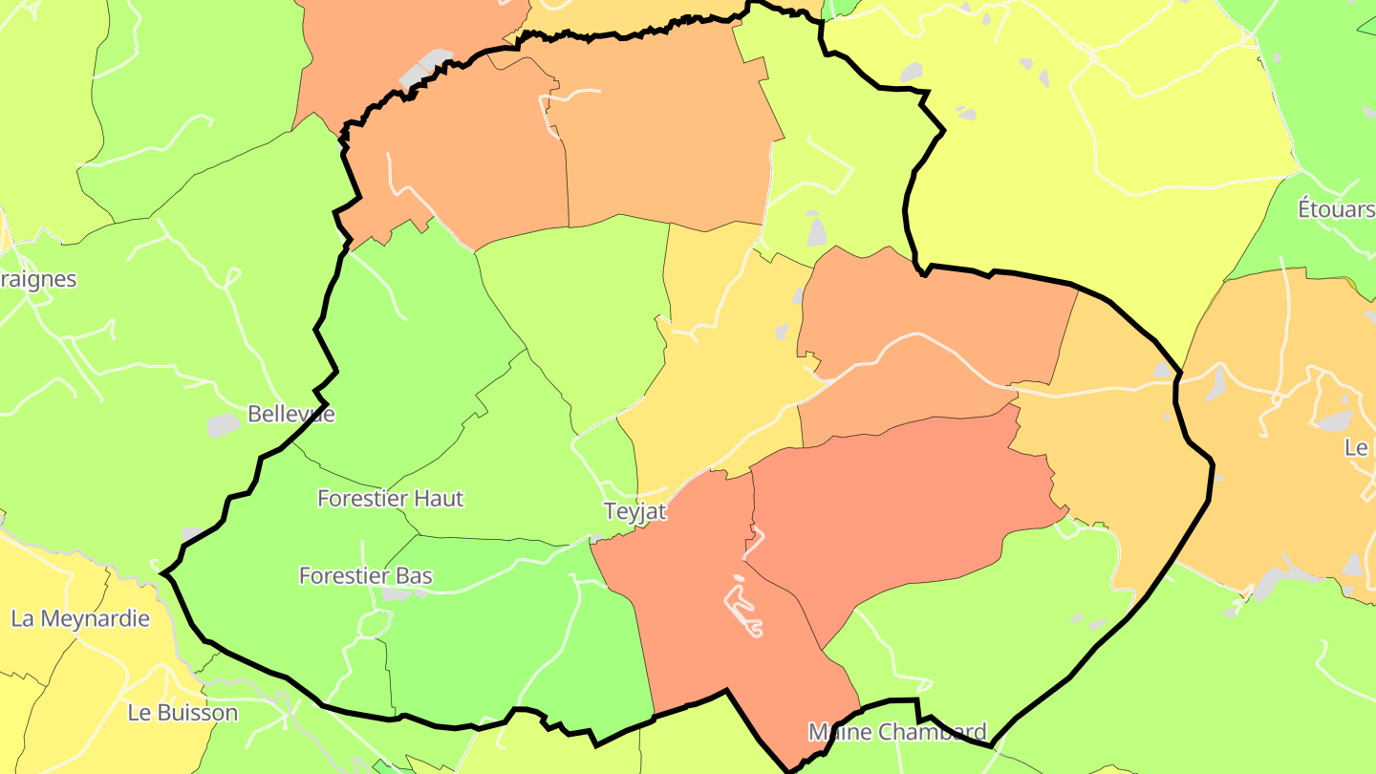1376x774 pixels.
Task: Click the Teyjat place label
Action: click(x=634, y=511)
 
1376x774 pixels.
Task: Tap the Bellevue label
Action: click(x=290, y=414)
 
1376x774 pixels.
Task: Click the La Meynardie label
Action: click(x=80, y=618)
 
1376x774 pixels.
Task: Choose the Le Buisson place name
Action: click(x=183, y=713)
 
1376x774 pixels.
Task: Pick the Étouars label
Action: click(x=1335, y=209)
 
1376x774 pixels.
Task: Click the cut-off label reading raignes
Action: click(x=38, y=279)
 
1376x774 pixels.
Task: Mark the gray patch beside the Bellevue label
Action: click(x=225, y=425)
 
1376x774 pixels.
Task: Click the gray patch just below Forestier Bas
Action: click(x=401, y=593)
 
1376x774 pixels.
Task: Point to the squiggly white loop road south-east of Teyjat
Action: click(x=743, y=608)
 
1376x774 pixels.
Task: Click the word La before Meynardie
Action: click(x=23, y=618)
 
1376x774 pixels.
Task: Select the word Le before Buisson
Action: click(x=140, y=713)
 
